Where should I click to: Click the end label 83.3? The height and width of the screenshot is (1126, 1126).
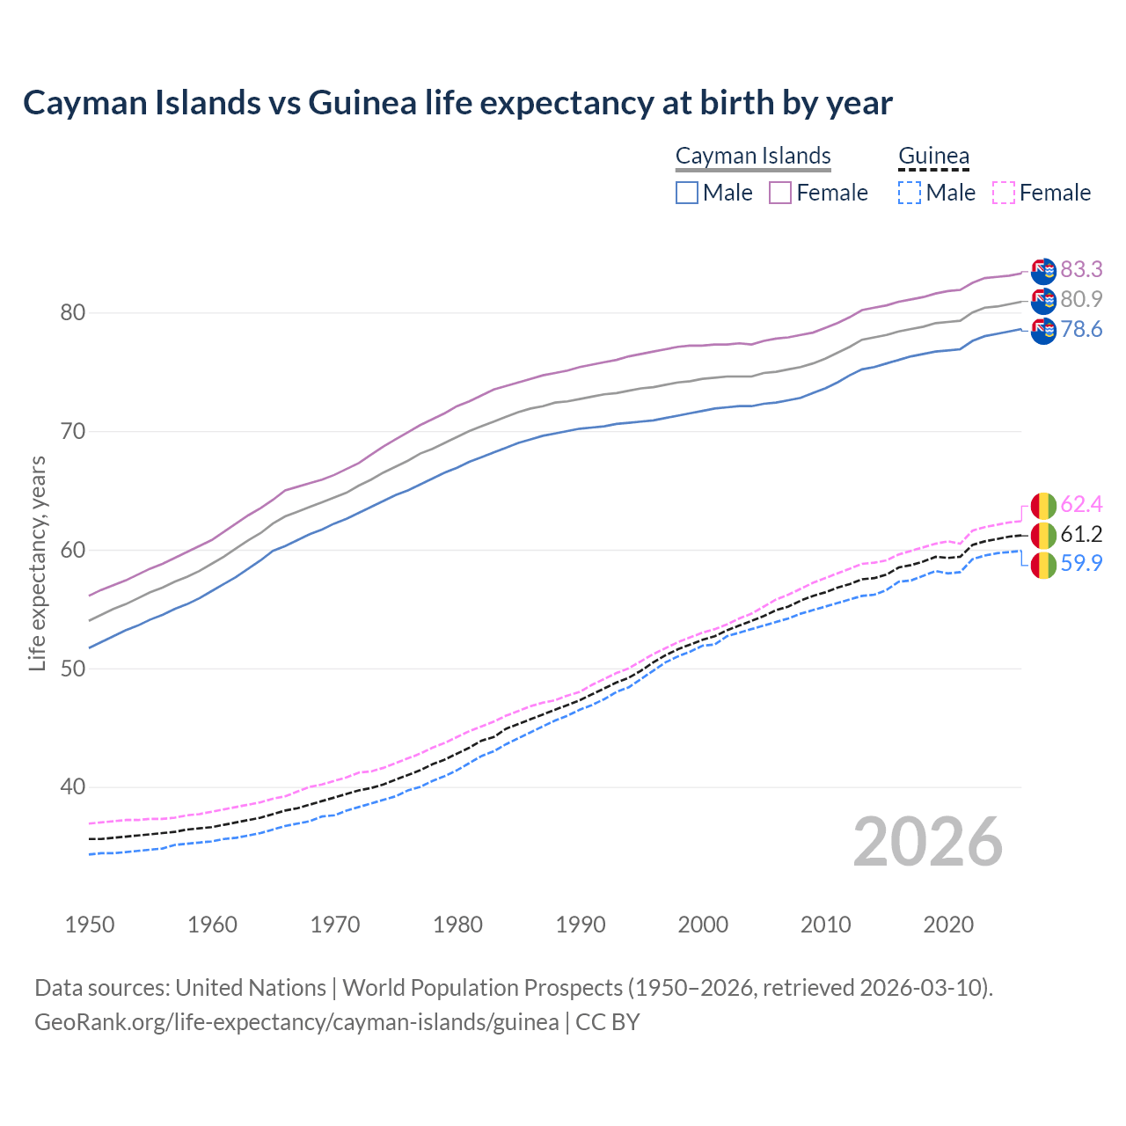1081,269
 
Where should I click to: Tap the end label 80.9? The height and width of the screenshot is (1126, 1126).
1081,299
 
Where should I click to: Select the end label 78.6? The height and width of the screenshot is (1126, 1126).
1081,329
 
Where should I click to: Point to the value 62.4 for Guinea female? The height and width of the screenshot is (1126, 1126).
1081,504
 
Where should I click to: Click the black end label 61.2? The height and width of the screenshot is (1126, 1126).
1081,534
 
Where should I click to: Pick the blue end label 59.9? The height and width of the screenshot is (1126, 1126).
1081,564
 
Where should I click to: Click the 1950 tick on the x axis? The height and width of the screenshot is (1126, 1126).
90,925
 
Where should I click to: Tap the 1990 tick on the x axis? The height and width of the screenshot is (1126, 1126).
581,925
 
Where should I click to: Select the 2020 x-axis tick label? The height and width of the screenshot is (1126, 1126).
948,925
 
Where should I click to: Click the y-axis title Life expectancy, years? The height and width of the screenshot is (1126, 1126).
37,563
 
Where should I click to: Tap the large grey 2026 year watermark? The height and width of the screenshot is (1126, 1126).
927,842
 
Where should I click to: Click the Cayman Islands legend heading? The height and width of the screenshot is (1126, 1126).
753,156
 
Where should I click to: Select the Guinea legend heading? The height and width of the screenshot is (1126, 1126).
933,156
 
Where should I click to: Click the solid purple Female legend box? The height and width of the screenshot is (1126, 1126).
780,193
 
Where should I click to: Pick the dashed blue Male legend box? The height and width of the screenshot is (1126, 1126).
910,193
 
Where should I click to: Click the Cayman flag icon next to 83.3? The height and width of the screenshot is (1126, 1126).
1043,271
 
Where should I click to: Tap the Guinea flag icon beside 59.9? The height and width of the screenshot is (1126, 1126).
1043,565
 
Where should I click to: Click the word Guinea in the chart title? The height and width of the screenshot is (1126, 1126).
362,103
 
